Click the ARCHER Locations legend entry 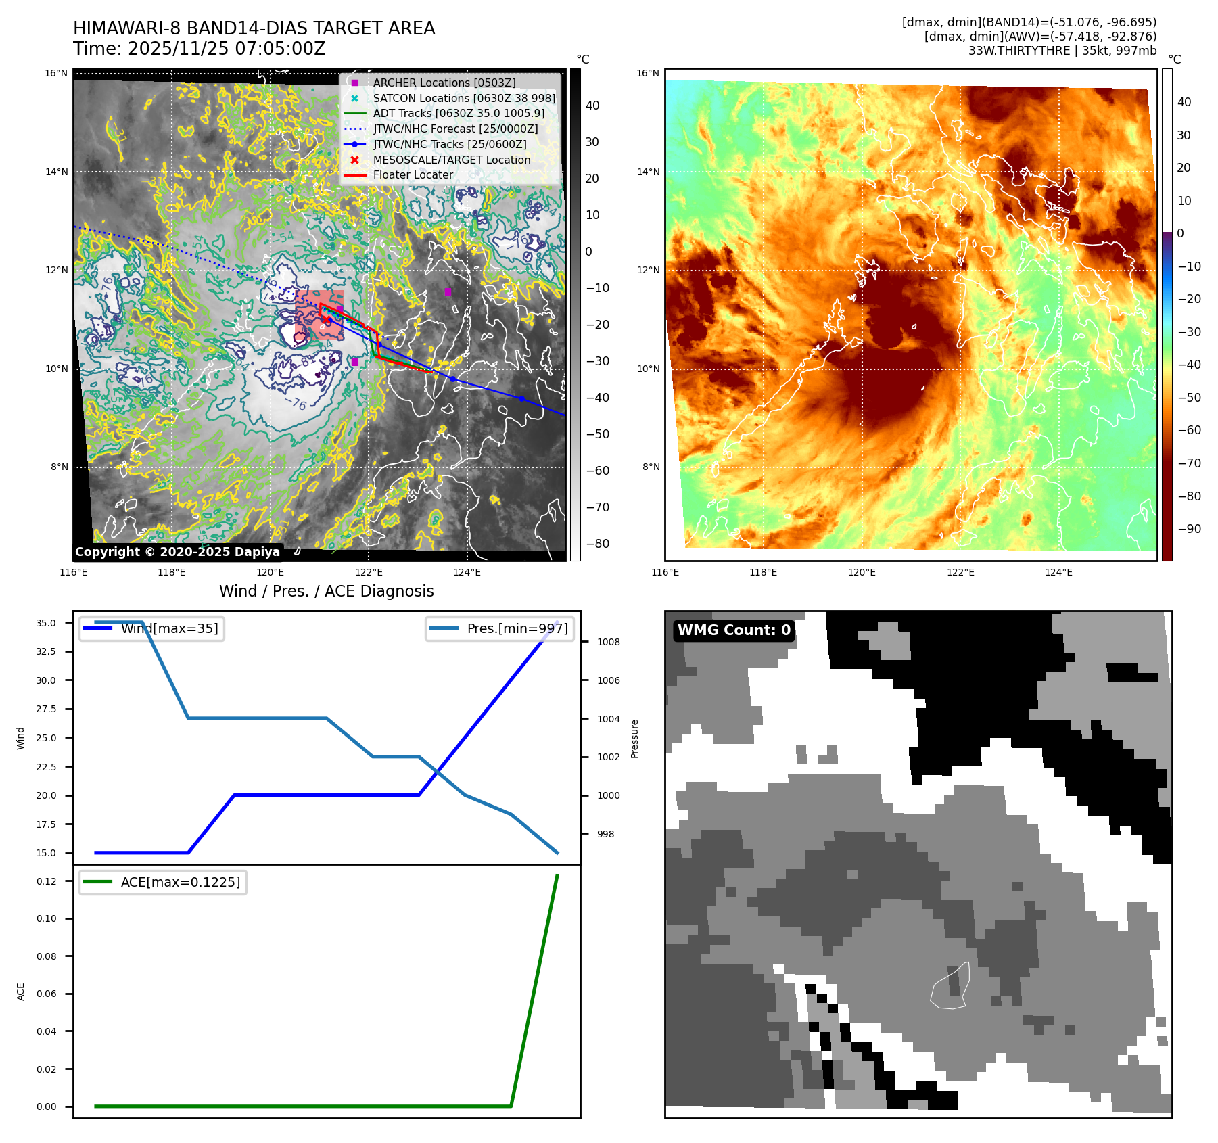click(444, 83)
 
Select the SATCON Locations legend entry click(464, 98)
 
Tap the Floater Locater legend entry click(413, 174)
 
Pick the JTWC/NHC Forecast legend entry click(455, 129)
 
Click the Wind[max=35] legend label click(169, 628)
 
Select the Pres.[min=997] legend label click(517, 628)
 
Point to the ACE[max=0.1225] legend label click(180, 882)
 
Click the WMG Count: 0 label click(734, 630)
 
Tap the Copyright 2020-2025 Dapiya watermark click(177, 552)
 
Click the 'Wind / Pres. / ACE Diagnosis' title click(326, 591)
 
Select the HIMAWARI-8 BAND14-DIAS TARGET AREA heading click(254, 28)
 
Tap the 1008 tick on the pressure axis click(608, 642)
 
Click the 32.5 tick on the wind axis click(46, 651)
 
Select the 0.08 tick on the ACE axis click(47, 956)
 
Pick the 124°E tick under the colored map click(1058, 572)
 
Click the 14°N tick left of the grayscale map click(57, 172)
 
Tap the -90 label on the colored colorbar click(1189, 529)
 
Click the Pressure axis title click(634, 739)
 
